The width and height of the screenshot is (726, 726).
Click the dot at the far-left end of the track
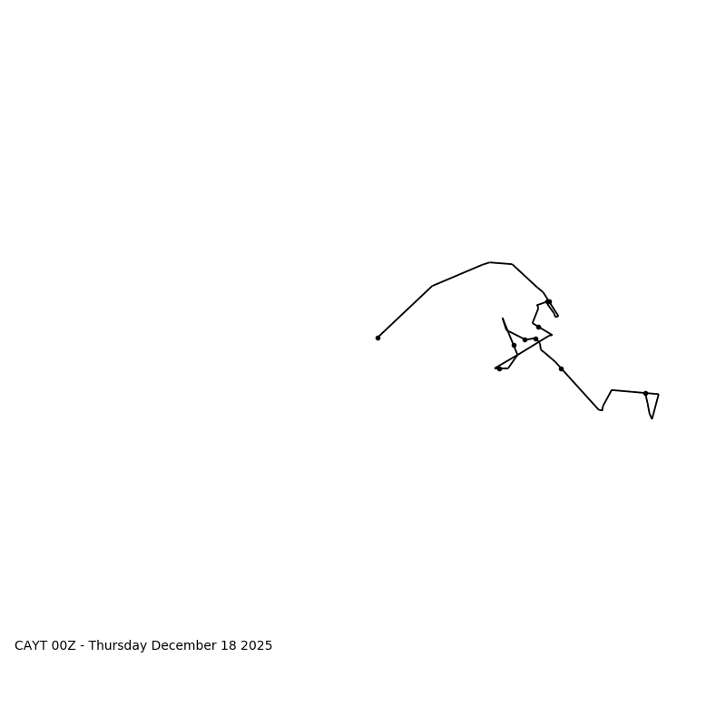(x=378, y=338)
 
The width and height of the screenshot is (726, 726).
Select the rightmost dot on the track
(x=645, y=393)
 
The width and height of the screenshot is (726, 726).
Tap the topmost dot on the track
(x=548, y=301)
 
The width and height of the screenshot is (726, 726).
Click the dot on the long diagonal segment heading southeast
(x=561, y=368)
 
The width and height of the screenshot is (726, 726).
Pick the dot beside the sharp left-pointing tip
(x=499, y=368)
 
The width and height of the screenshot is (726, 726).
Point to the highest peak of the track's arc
(x=490, y=262)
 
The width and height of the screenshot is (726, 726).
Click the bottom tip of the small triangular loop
(x=652, y=417)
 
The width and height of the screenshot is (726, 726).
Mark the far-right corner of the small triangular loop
(x=658, y=394)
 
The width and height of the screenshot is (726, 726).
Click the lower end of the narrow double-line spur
(x=556, y=316)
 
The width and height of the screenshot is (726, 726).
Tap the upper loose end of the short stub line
(x=503, y=319)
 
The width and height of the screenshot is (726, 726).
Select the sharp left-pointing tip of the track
(x=495, y=368)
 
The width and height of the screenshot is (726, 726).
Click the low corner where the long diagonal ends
(x=601, y=410)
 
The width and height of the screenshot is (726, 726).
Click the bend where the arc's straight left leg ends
(x=433, y=286)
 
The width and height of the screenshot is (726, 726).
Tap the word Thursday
(x=118, y=646)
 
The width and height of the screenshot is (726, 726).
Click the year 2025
(x=256, y=646)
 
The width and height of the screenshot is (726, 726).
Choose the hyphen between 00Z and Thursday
(x=83, y=646)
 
